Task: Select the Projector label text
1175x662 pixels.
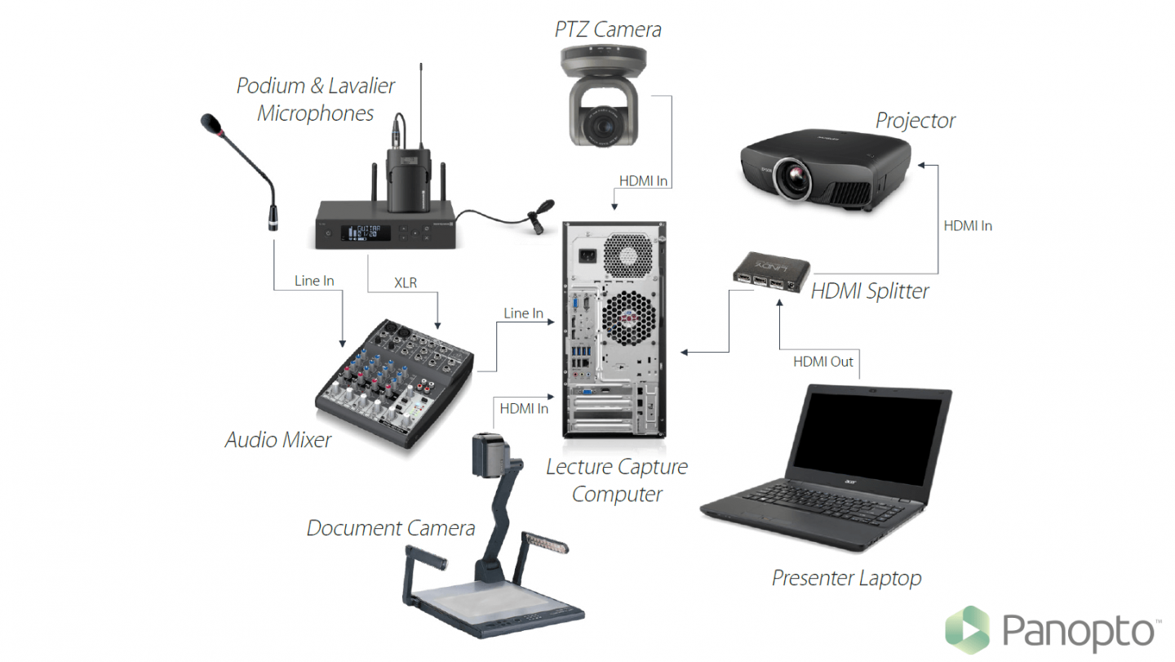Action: click(x=915, y=121)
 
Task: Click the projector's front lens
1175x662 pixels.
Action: click(x=791, y=180)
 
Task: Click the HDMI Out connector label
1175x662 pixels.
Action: click(x=822, y=361)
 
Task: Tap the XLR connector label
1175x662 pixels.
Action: click(x=406, y=282)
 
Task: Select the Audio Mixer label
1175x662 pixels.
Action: click(x=278, y=440)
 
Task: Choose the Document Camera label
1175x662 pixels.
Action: click(x=390, y=528)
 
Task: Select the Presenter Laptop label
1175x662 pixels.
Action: click(x=846, y=579)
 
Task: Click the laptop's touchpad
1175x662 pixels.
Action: click(x=782, y=520)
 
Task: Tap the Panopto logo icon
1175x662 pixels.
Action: click(x=967, y=630)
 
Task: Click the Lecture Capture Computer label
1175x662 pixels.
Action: click(x=617, y=480)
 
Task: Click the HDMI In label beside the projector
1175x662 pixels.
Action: click(x=968, y=226)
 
